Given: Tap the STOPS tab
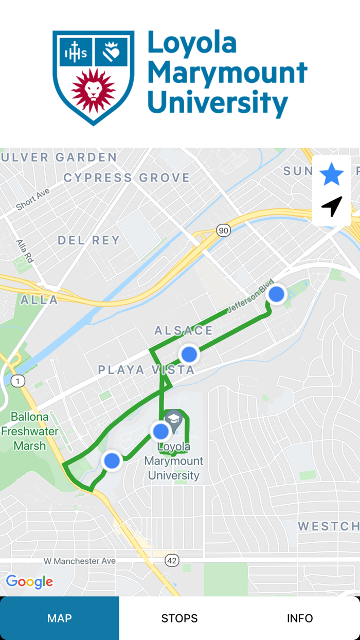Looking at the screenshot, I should [x=179, y=618].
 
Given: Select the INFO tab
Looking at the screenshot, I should [x=300, y=618].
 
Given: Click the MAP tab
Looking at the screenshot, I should [x=60, y=618].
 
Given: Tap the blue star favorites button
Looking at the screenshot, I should [x=332, y=174].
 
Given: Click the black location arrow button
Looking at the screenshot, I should [x=332, y=206].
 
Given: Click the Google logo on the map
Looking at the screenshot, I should [x=29, y=582].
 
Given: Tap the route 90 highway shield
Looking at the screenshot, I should [x=223, y=230].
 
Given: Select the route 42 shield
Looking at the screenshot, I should [x=172, y=561].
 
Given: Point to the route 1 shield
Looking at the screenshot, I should [x=18, y=381].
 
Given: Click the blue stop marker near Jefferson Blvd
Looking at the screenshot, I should [x=277, y=294].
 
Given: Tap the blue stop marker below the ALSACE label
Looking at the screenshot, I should [x=189, y=354].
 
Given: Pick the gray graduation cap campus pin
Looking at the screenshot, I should [x=174, y=419].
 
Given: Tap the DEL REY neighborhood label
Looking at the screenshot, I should [x=88, y=240].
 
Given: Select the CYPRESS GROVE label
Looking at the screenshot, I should [x=127, y=178].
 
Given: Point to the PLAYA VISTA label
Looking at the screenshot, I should [x=147, y=369].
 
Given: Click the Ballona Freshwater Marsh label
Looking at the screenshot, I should [x=30, y=431].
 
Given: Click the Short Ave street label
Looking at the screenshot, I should [x=32, y=199].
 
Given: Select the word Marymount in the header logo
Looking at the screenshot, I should [x=228, y=73].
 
